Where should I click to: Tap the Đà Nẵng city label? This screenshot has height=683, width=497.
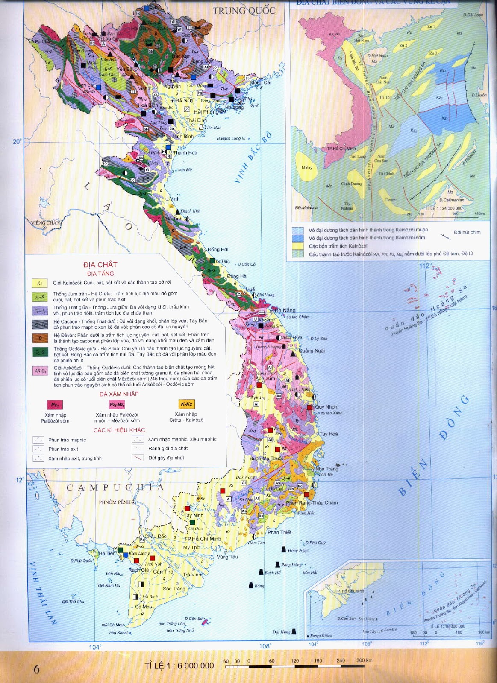(285, 310)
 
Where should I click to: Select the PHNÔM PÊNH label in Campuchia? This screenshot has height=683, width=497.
(115, 502)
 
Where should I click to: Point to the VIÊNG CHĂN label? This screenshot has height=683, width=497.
(45, 222)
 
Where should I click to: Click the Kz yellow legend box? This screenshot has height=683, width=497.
(39, 283)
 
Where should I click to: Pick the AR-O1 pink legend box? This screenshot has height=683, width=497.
(40, 371)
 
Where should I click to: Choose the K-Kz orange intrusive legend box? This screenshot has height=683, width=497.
(186, 404)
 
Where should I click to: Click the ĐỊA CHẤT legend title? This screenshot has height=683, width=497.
(100, 265)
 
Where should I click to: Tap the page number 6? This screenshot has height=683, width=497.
(36, 668)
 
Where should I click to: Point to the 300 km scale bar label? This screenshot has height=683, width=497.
(364, 660)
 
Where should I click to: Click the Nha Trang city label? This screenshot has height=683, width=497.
(326, 469)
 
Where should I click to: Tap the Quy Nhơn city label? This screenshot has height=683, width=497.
(326, 407)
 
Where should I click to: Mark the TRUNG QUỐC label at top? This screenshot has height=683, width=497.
(244, 11)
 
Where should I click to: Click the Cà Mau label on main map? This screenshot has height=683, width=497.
(143, 607)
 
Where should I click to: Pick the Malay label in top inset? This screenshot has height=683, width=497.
(306, 168)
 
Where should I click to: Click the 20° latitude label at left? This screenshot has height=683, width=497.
(17, 141)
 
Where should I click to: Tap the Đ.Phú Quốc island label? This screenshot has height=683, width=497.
(81, 560)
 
